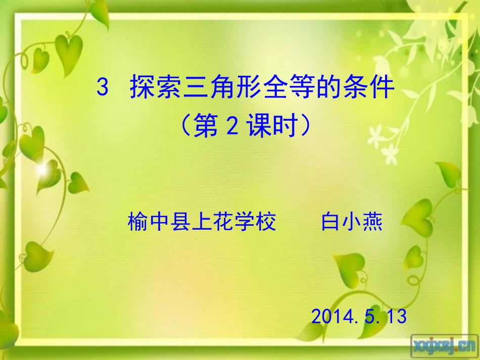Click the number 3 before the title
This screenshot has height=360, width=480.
pyautogui.click(x=103, y=88)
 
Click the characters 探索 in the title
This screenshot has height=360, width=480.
pyautogui.click(x=151, y=88)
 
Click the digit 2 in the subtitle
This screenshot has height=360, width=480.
pyautogui.click(x=232, y=127)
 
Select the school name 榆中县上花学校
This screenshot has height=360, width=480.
pyautogui.click(x=202, y=222)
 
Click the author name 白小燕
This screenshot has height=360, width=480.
pyautogui.click(x=352, y=222)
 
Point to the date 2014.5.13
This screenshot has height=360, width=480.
pyautogui.click(x=359, y=317)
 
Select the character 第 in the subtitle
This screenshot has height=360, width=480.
pyautogui.click(x=208, y=127)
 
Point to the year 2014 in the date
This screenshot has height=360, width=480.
pyautogui.click(x=328, y=317)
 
